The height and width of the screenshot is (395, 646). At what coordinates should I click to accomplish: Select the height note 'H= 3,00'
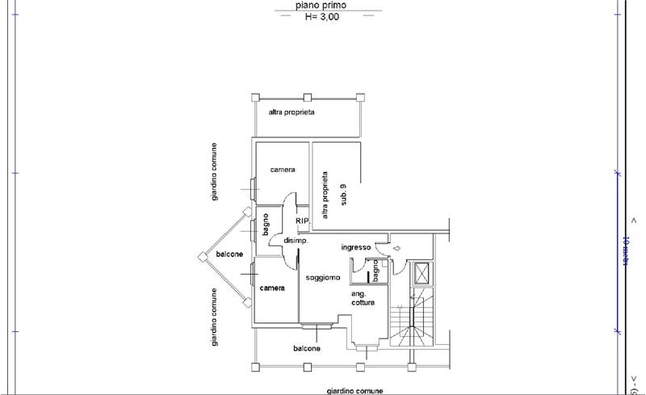click(x=328, y=16)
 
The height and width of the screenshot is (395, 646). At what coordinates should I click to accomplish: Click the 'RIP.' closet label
click(x=302, y=221)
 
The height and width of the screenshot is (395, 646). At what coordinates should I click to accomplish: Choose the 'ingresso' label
click(x=355, y=247)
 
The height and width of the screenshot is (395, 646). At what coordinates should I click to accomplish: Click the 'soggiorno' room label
click(x=322, y=278)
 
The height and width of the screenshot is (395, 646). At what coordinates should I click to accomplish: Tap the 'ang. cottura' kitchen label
click(x=363, y=297)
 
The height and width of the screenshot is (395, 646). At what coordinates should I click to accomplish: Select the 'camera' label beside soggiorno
click(x=272, y=288)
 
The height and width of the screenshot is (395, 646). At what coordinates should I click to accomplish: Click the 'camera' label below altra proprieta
click(x=283, y=170)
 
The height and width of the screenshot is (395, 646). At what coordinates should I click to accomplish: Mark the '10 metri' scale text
click(x=625, y=251)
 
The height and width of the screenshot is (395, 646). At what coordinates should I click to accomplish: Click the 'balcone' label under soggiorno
click(x=307, y=349)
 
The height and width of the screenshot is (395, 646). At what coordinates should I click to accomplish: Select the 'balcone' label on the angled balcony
click(x=230, y=254)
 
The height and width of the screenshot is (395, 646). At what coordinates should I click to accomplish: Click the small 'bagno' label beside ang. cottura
click(x=375, y=270)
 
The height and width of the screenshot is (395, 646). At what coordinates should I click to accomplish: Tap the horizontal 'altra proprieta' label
click(x=292, y=112)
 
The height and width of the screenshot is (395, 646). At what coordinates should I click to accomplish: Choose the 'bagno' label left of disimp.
click(x=266, y=224)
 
